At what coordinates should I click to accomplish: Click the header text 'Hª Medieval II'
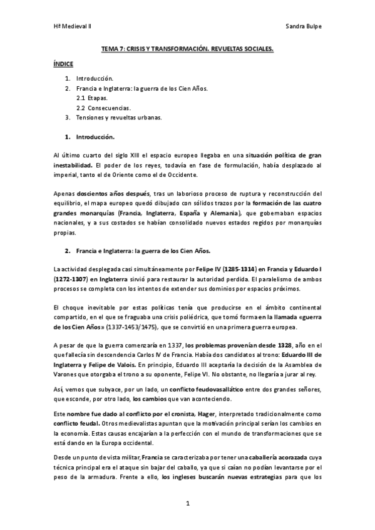[x=71, y=27]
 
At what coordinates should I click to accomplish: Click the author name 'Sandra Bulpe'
[x=303, y=27]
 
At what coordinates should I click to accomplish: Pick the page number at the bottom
[x=187, y=503]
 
